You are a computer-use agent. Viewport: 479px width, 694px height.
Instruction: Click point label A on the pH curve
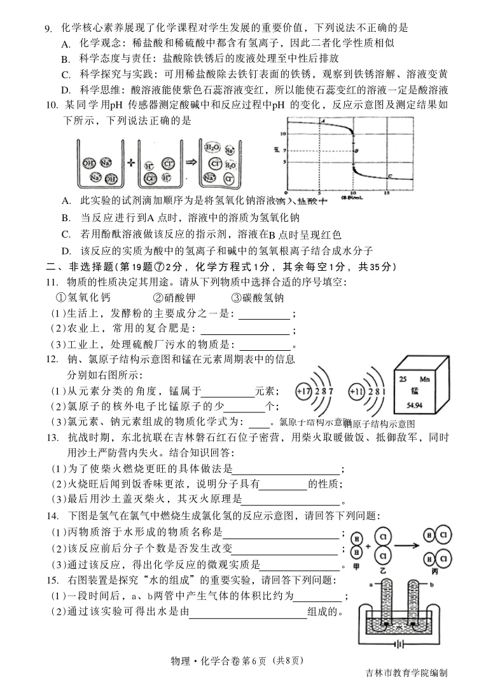pyautogui.click(x=324, y=121)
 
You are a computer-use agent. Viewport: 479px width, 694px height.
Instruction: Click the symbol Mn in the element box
pyautogui.click(x=443, y=378)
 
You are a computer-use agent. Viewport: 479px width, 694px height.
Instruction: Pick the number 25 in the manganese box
pyautogui.click(x=403, y=378)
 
